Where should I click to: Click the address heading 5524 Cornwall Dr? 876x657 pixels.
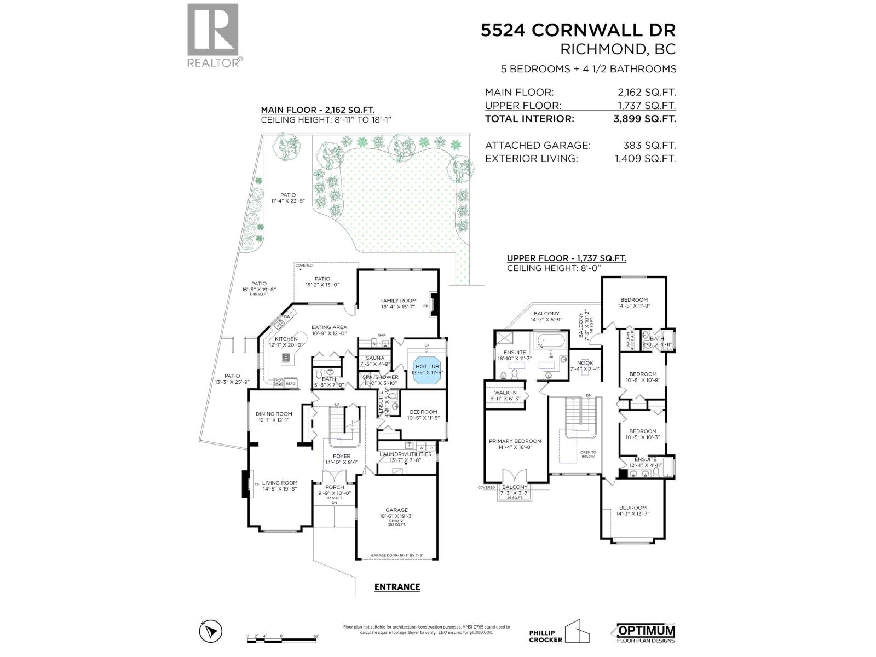tap(578, 30)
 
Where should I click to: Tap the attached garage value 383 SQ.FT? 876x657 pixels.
tap(649, 146)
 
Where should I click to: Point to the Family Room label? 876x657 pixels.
tap(398, 301)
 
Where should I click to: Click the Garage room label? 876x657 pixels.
tap(396, 510)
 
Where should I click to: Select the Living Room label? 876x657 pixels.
tap(279, 483)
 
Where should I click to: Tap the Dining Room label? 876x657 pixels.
tap(274, 414)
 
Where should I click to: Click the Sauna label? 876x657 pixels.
tap(375, 358)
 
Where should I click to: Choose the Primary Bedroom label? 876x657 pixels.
tap(515, 441)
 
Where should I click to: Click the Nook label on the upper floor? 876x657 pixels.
tap(585, 363)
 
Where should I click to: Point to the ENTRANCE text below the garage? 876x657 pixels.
tap(397, 587)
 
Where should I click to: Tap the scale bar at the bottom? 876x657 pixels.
tap(283, 639)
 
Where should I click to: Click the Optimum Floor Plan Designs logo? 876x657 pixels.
tap(646, 633)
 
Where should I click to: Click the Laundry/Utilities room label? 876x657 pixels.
tap(405, 454)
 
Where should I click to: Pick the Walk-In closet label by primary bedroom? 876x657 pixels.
tap(505, 393)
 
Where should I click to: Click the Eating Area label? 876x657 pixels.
tap(329, 327)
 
